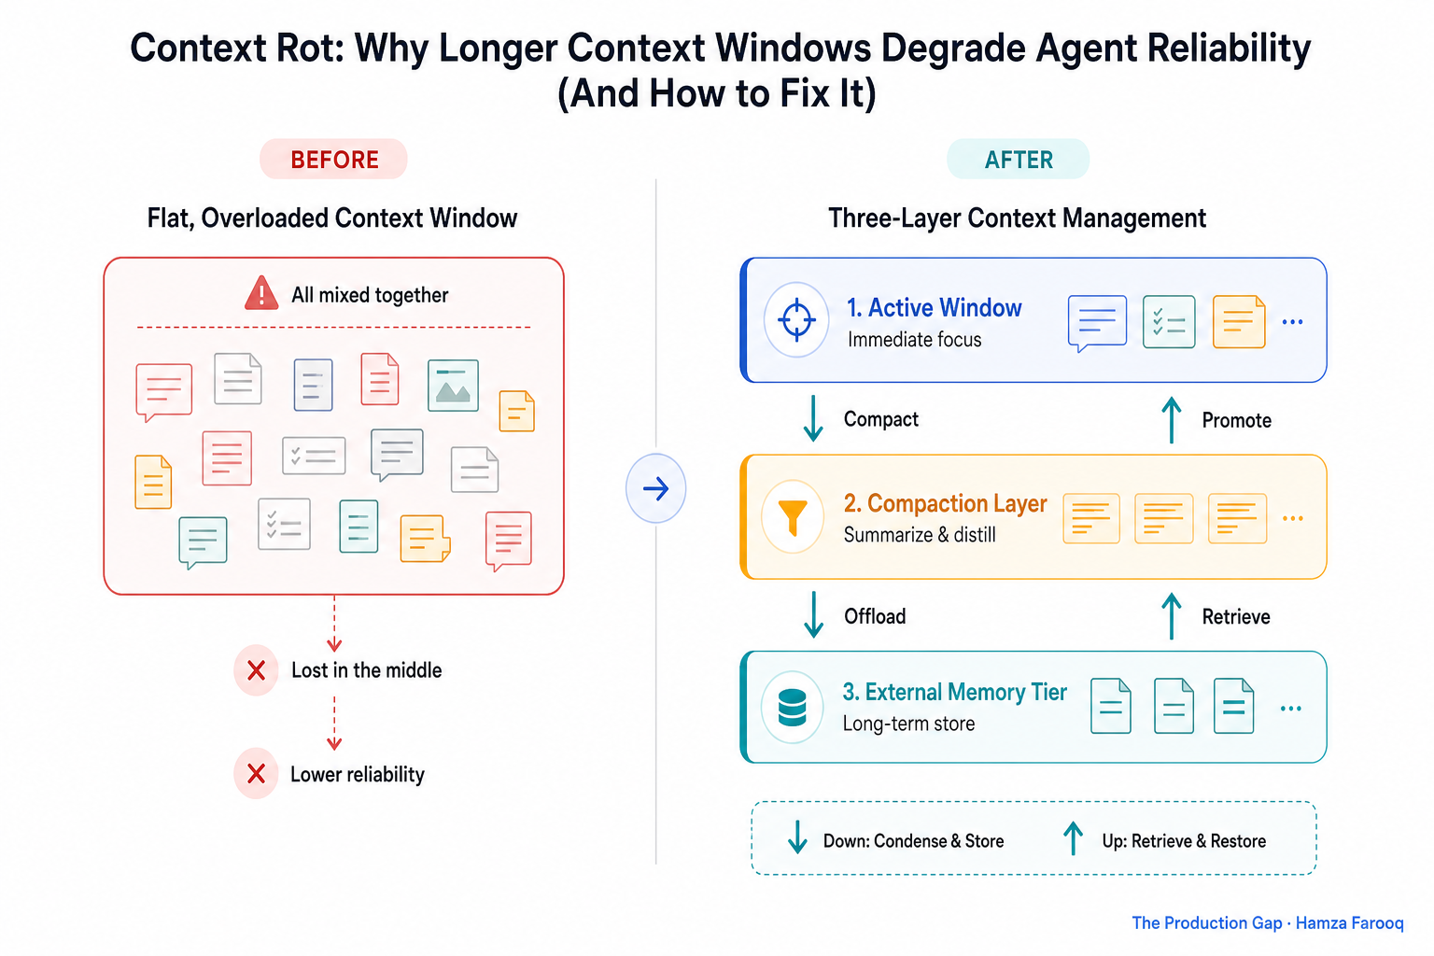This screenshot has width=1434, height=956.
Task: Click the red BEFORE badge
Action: tap(333, 159)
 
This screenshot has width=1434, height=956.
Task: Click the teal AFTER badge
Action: tap(1018, 159)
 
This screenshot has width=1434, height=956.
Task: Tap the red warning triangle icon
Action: tap(261, 293)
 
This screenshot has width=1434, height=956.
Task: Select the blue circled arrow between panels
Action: tap(655, 488)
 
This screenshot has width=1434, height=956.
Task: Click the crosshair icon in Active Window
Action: tap(796, 319)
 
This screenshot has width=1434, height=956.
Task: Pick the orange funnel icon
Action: tap(793, 516)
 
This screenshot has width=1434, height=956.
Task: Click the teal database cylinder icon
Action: tap(792, 708)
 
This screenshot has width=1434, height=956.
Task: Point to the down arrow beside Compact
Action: tap(813, 418)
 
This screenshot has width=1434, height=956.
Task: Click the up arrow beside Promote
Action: tap(1172, 420)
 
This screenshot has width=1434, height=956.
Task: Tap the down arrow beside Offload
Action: tap(813, 614)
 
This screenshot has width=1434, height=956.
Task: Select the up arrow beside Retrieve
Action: tap(1172, 616)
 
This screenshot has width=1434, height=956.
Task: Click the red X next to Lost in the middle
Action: tap(256, 670)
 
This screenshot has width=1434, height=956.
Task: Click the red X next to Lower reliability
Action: tap(256, 774)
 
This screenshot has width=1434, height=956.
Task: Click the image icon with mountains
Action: tap(453, 386)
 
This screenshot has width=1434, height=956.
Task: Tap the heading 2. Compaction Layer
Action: tap(945, 503)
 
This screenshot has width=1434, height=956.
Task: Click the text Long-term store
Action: tap(908, 724)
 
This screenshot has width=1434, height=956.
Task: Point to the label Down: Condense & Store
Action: tap(913, 841)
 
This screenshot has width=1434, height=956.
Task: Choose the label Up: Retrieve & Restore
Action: tap(1184, 841)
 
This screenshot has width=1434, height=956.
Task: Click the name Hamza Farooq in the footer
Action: tap(1349, 922)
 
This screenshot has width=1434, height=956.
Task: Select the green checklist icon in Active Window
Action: tap(1169, 321)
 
